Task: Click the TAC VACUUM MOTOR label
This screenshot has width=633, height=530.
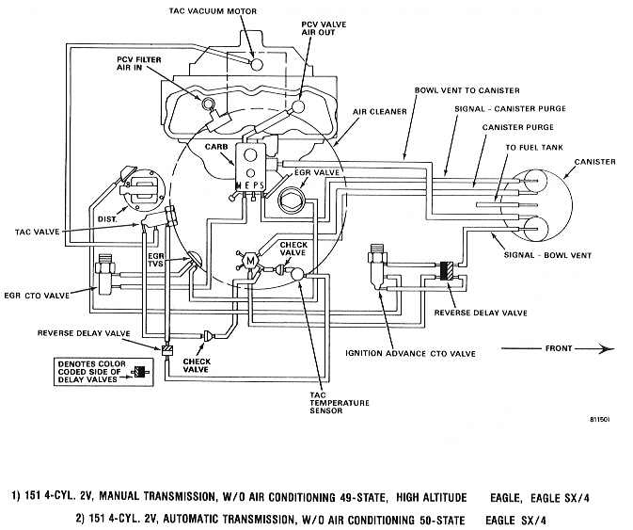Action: point(213,11)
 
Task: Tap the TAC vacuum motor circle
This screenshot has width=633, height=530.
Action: point(256,64)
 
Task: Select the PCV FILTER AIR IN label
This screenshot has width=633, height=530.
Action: point(139,63)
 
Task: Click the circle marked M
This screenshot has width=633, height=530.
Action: point(251,261)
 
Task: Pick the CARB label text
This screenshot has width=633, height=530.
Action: point(216,147)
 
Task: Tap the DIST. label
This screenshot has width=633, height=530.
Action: point(107,219)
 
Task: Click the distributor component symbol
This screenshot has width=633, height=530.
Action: point(143,188)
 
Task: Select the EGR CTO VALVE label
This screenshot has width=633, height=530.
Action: point(37,296)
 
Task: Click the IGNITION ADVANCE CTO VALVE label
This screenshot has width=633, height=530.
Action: point(411,353)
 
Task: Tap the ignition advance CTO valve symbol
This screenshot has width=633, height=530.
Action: point(377,266)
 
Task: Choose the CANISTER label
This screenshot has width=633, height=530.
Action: point(595,162)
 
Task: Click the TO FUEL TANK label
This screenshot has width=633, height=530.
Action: point(534,148)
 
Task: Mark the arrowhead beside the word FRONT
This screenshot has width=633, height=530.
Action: point(606,348)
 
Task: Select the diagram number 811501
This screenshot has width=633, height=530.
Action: point(599,420)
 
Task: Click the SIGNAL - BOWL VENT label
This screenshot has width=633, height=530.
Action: point(547,255)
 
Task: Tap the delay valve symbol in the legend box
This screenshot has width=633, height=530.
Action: point(140,373)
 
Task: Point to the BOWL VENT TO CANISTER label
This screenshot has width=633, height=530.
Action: point(467,90)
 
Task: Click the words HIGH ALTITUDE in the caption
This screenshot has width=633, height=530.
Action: point(431,497)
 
